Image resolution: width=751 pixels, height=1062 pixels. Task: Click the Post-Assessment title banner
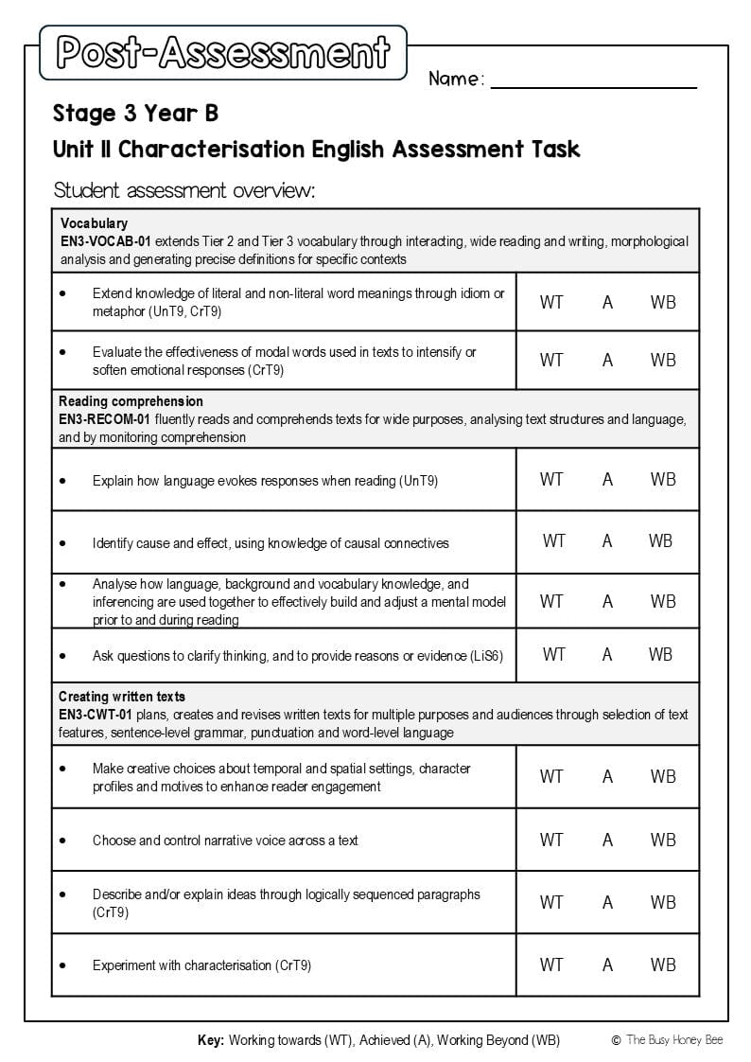coord(223,53)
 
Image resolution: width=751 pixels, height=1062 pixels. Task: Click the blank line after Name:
coord(593,82)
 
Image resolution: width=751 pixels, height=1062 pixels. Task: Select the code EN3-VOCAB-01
coord(105,242)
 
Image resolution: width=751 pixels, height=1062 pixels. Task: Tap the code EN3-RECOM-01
coord(105,419)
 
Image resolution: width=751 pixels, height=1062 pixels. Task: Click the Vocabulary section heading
coord(94,224)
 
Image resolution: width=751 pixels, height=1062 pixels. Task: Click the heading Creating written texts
coord(122,698)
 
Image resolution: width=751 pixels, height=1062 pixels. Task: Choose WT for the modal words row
coord(551,360)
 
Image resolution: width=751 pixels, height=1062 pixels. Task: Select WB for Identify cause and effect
coord(660,541)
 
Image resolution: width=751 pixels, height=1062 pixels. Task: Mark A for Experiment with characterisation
coord(607,965)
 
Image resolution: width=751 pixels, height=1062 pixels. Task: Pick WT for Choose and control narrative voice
coord(551,840)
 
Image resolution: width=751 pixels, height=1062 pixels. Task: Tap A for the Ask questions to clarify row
coord(607,655)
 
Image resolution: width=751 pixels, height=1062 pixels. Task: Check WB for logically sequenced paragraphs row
coord(663,902)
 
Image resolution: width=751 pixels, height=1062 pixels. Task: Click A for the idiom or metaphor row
coord(607,302)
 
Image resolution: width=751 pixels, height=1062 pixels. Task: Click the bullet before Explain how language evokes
coord(62,481)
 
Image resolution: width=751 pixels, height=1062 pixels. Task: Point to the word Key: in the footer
coord(211,1040)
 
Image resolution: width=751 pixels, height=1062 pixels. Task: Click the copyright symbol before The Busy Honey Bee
coord(616,1040)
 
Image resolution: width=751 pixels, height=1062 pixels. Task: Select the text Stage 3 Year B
coord(135,114)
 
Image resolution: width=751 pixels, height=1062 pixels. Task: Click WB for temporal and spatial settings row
coord(663,776)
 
